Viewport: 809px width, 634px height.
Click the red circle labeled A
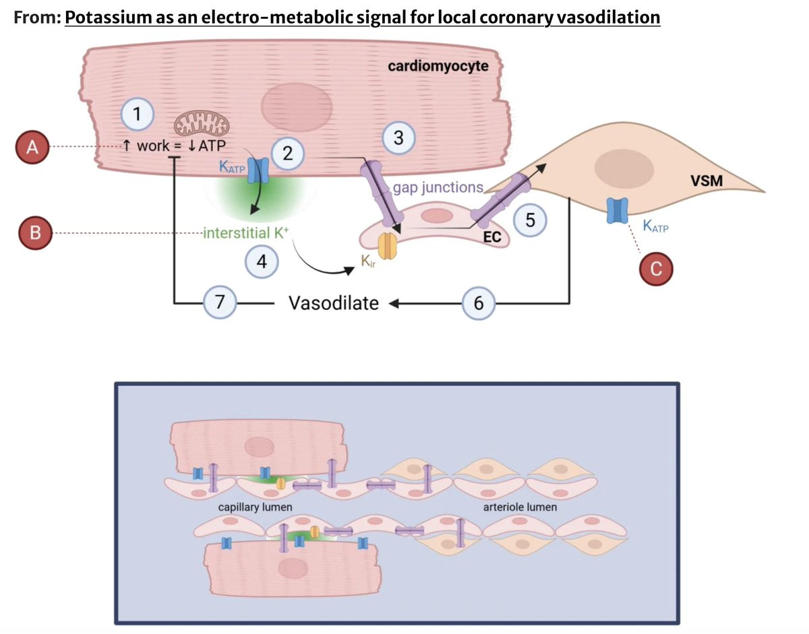coord(32,147)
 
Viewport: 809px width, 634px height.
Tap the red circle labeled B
coord(35,233)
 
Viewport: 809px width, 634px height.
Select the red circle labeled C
coord(656,269)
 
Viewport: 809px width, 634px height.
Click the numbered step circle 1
coord(138,115)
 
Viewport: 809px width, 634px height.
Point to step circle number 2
coord(288,154)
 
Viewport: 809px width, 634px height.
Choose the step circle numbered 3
coord(398,137)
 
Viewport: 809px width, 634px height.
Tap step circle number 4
coord(262,261)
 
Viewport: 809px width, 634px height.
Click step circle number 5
coord(530,220)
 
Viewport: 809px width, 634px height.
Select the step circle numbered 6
coord(479,303)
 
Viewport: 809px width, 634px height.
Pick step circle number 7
coord(220,302)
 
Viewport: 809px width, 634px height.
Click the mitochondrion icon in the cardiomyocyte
coord(202,123)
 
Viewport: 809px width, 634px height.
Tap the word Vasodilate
coord(334,303)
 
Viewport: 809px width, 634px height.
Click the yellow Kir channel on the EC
coord(387,246)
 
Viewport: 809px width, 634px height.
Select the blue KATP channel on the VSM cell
coord(618,211)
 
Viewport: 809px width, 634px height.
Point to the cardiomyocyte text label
coord(438,66)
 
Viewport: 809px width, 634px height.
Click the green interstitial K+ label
coord(245,233)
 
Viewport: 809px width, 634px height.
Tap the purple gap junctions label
coord(438,187)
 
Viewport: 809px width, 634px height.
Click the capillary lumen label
coord(255,507)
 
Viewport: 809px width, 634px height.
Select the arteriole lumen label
coord(520,507)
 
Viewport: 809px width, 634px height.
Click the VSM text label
coord(707,181)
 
